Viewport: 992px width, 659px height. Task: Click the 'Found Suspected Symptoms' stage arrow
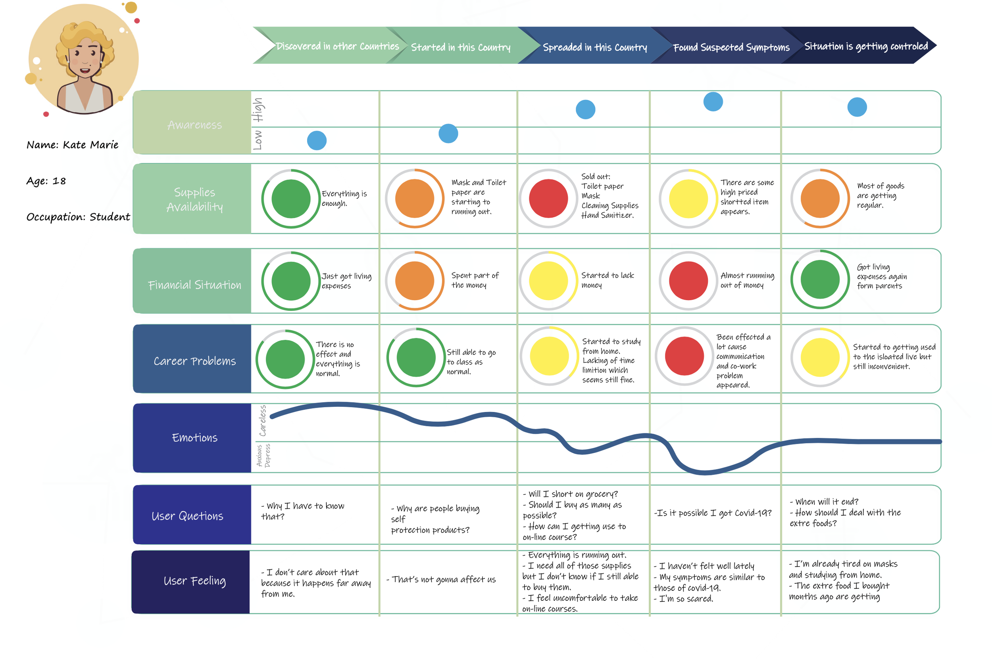(x=731, y=47)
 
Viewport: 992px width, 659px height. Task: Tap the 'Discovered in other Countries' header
(x=337, y=46)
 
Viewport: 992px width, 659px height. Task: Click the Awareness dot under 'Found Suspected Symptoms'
(x=713, y=102)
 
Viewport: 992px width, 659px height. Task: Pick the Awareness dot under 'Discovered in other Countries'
(x=317, y=140)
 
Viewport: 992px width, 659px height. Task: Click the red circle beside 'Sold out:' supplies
(x=548, y=198)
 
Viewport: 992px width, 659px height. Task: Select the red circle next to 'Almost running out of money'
(x=688, y=281)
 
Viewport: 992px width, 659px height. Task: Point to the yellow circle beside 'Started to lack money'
(x=548, y=281)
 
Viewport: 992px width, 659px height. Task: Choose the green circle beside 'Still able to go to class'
(x=415, y=357)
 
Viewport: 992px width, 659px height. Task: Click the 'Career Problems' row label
(x=194, y=361)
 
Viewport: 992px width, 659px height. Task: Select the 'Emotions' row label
(x=194, y=437)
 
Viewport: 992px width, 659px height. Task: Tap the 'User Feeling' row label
(x=194, y=581)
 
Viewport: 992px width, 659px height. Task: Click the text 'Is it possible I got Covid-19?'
(x=713, y=513)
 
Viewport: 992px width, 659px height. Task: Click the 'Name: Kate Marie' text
(x=72, y=145)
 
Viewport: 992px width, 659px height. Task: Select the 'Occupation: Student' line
(x=78, y=217)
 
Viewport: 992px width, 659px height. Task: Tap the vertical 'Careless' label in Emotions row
(x=263, y=421)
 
